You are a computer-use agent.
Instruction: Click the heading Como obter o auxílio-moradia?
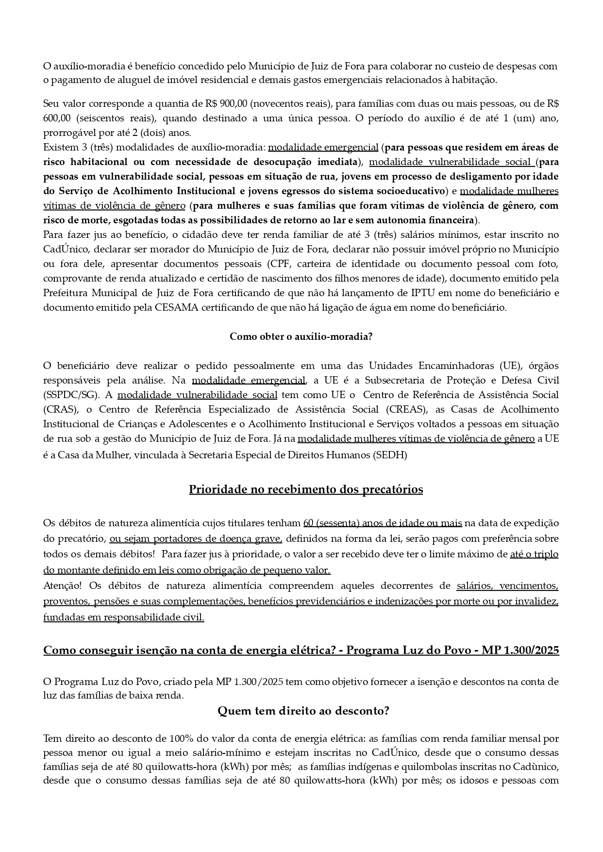click(301, 336)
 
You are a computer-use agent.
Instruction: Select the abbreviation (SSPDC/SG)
click(70, 395)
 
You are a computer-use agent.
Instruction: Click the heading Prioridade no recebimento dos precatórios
click(306, 489)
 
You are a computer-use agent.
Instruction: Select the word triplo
click(546, 554)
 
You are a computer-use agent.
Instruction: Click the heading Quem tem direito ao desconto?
click(303, 711)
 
